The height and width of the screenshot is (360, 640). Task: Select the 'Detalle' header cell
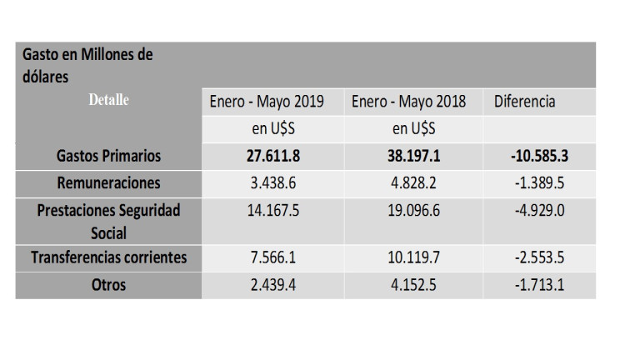pos(107,100)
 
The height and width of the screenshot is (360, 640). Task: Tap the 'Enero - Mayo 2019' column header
pos(266,102)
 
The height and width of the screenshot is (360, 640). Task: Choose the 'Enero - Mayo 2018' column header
pos(408,102)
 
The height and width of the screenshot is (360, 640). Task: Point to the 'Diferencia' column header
pos(525,102)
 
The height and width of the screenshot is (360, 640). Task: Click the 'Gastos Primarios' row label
pos(108,156)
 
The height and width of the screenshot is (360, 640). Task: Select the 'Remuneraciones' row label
pos(108,182)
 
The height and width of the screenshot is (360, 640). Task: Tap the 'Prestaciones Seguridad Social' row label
pos(108,221)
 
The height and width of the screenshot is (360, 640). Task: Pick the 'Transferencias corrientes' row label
pos(108,258)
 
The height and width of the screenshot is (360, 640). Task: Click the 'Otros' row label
pos(108,285)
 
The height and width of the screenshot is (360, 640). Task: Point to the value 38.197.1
pos(408,156)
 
